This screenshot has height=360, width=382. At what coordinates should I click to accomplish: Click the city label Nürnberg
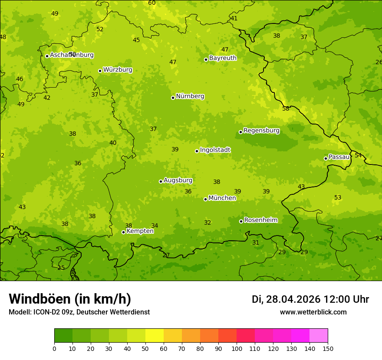click(x=190, y=96)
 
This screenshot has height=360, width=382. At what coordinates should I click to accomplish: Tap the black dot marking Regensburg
click(x=240, y=132)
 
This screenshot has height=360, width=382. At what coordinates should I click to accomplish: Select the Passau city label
click(x=339, y=157)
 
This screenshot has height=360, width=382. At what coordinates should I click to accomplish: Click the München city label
click(x=222, y=198)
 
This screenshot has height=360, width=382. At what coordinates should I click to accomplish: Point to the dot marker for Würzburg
click(x=100, y=71)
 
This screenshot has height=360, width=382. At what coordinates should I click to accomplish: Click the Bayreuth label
click(x=223, y=58)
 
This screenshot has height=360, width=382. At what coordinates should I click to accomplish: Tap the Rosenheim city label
click(x=260, y=220)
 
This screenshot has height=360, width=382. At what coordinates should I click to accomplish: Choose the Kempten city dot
click(x=123, y=232)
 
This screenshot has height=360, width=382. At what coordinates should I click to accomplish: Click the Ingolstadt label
click(x=215, y=150)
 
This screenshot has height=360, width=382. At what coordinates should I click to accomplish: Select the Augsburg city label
click(x=178, y=180)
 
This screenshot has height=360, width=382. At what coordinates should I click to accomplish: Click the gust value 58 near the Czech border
click(x=286, y=109)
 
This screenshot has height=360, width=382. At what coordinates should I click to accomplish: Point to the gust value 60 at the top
click(x=152, y=3)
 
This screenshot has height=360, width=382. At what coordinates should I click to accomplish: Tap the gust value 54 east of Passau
click(x=358, y=155)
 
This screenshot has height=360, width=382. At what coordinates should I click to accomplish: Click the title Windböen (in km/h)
click(x=70, y=299)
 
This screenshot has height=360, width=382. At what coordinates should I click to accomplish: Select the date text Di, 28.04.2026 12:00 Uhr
click(x=310, y=299)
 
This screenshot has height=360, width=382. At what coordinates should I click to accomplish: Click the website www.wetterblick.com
click(x=313, y=312)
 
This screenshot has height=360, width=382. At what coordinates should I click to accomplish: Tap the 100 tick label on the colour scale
click(x=237, y=349)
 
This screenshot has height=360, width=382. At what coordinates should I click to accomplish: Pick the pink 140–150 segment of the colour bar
click(x=319, y=336)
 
